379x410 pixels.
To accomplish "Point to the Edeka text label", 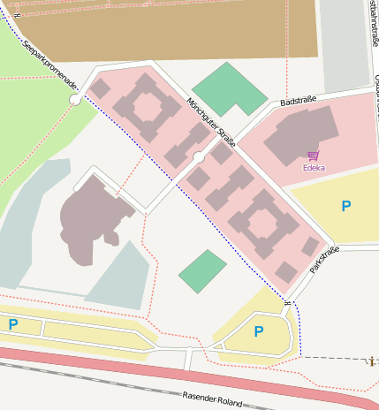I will (x=314, y=167).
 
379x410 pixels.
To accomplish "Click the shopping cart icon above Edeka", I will (x=314, y=156).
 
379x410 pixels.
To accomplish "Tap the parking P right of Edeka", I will (x=345, y=206).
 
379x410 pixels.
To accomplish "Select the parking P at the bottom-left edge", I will (x=12, y=324).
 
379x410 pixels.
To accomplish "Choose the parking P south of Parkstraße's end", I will (x=258, y=331).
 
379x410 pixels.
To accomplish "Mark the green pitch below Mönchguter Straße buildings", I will (x=202, y=271).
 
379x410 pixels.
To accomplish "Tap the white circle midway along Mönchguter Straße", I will (x=199, y=157).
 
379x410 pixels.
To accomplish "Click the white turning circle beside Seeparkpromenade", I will (x=75, y=100).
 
